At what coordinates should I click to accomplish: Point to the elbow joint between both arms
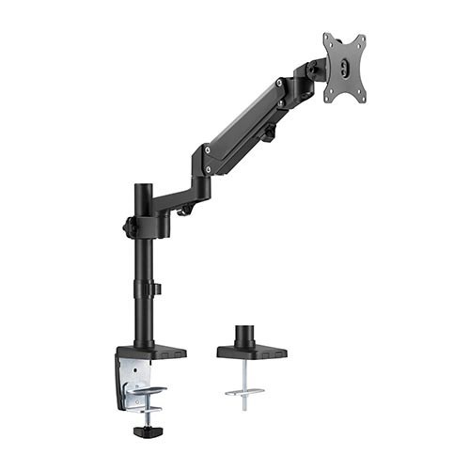(204, 160)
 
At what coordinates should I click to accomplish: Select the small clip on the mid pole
(157, 288)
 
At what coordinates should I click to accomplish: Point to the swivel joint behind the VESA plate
(310, 71)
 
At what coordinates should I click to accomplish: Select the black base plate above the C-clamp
(150, 352)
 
